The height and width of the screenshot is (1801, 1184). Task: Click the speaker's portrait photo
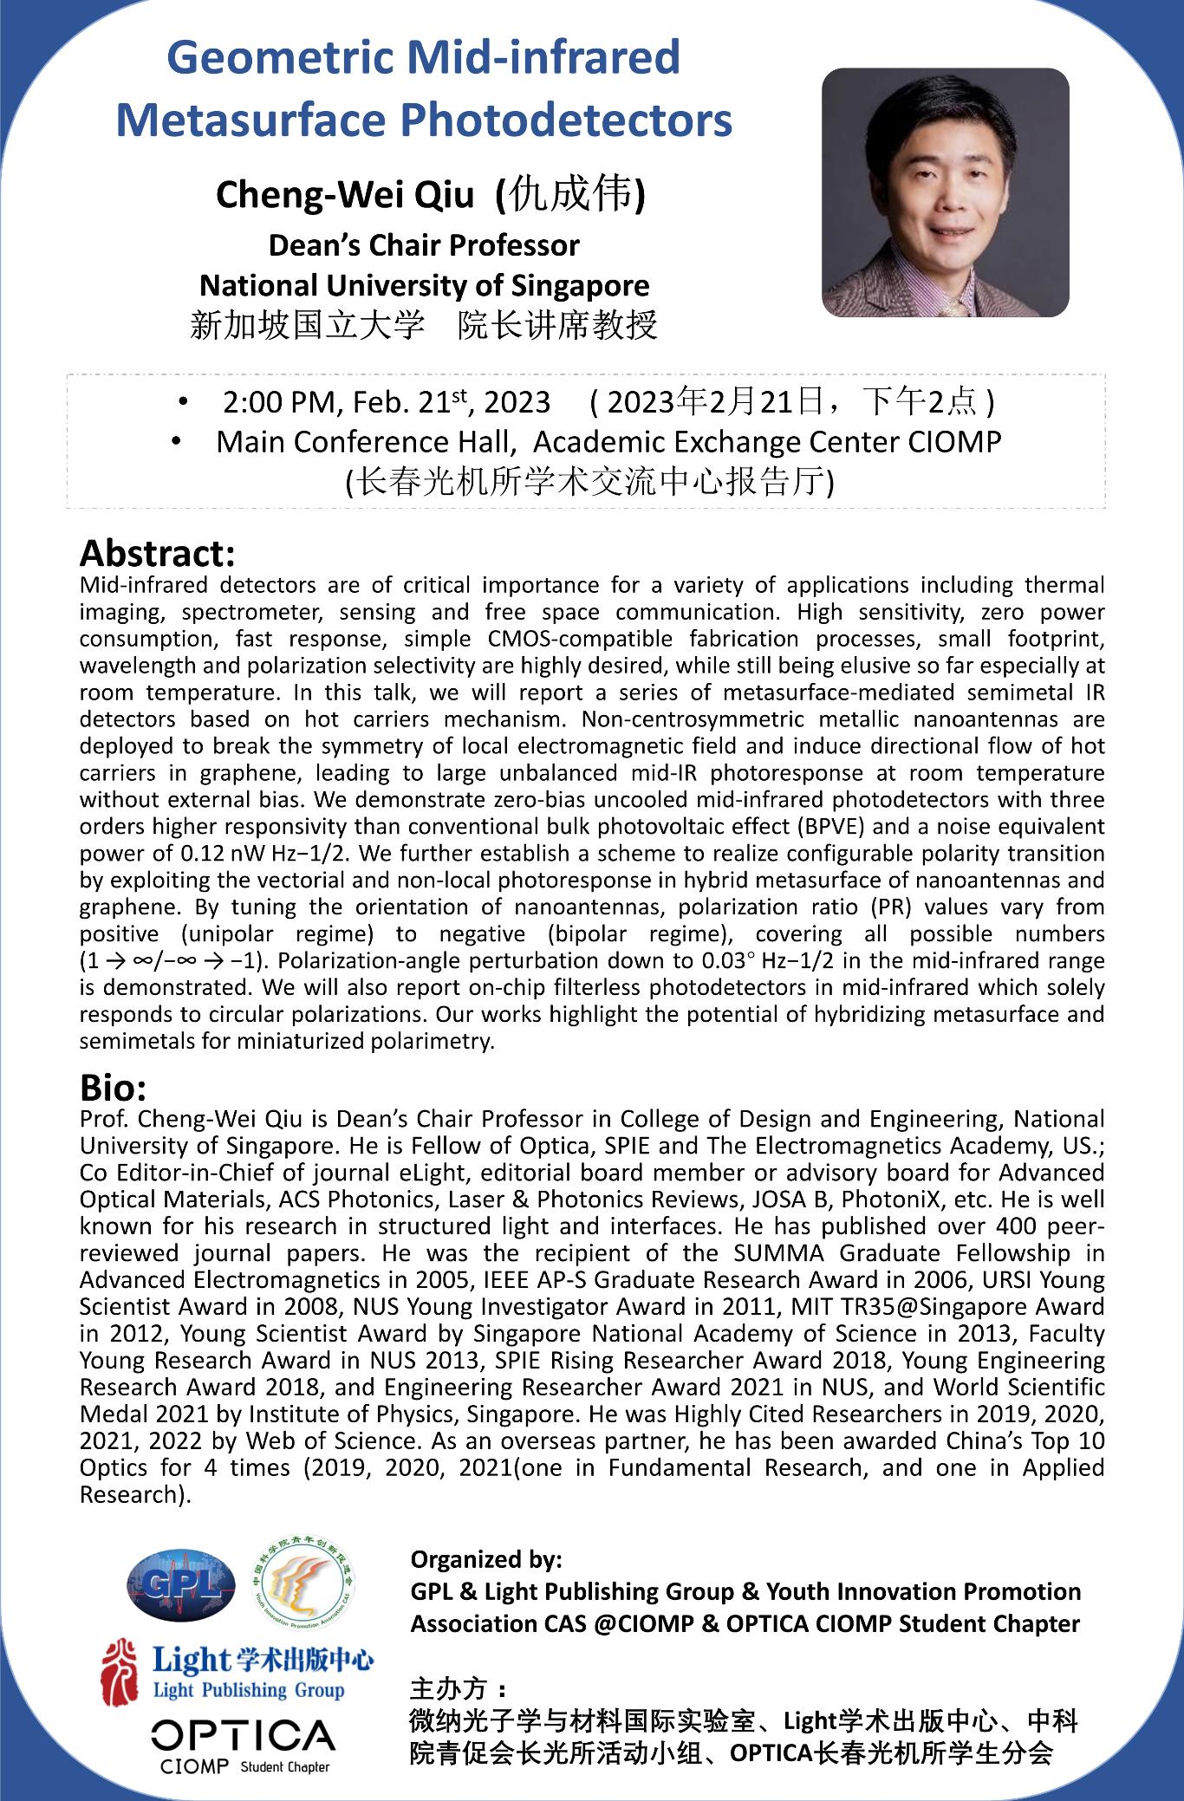tap(945, 192)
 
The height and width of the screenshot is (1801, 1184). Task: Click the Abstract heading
tap(157, 553)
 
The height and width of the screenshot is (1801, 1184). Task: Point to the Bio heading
tap(113, 1087)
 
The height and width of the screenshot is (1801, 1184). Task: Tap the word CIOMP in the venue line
tap(954, 442)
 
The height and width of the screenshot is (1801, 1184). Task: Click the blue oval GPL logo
tap(180, 1587)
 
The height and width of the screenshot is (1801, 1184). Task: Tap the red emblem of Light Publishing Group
tap(120, 1671)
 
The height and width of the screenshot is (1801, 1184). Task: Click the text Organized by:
tap(486, 1560)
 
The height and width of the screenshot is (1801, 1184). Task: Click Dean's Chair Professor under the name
tap(424, 246)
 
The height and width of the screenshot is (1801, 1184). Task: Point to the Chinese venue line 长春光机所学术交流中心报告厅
tap(589, 481)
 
